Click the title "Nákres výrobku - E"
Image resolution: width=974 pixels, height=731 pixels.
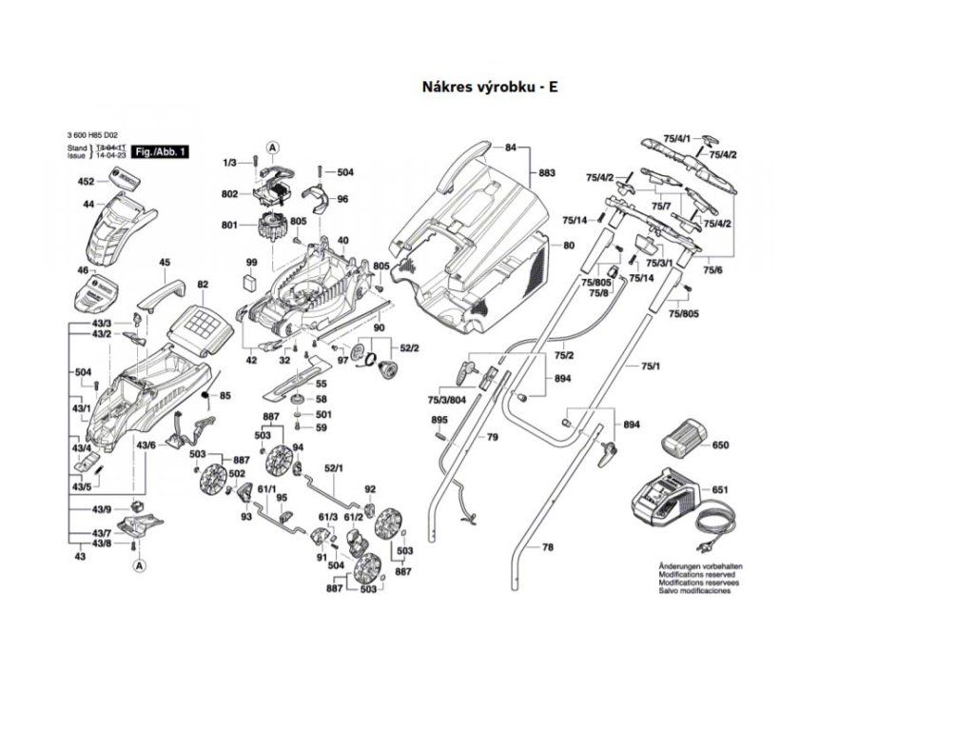pyautogui.click(x=490, y=86)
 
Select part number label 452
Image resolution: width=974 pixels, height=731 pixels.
pyautogui.click(x=86, y=181)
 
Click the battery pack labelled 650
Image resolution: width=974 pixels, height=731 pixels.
pyautogui.click(x=680, y=441)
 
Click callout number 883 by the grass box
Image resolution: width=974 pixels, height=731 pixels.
pyautogui.click(x=546, y=173)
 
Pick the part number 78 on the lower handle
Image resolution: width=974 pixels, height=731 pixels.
pyautogui.click(x=547, y=547)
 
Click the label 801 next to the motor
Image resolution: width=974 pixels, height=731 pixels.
pyautogui.click(x=228, y=226)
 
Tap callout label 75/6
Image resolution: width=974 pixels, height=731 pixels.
pyautogui.click(x=712, y=270)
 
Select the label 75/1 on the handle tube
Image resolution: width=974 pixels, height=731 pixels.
pyautogui.click(x=651, y=365)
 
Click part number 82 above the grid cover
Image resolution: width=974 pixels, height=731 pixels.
pyautogui.click(x=202, y=285)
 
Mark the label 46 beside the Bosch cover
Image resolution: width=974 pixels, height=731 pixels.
pyautogui.click(x=82, y=271)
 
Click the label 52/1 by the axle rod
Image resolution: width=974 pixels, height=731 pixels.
pyautogui.click(x=333, y=468)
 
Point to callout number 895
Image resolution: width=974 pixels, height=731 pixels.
pyautogui.click(x=438, y=420)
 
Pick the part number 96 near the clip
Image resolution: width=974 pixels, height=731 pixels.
pyautogui.click(x=342, y=199)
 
